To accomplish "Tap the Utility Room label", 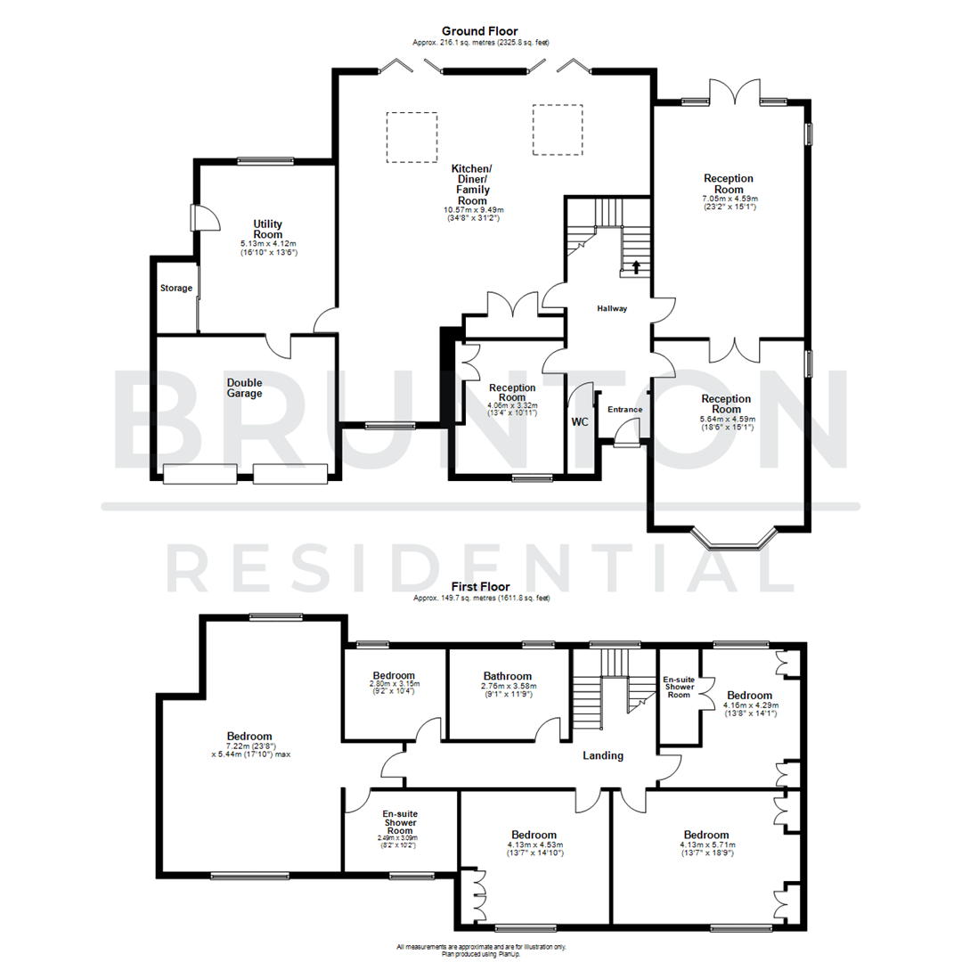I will point(267,228).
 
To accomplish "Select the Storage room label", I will point(176,288).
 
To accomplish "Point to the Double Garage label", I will point(243,387).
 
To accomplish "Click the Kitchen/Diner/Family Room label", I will point(472,184).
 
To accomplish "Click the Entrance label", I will point(624,410).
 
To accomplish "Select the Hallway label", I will point(612,309).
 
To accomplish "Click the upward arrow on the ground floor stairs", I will point(636,265).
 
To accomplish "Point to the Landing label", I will point(602,755).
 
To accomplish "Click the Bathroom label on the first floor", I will point(507,676).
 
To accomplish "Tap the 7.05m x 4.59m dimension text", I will point(729,199).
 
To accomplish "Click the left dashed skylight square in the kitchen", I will point(412,137).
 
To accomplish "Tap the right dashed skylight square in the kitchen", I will point(558,130).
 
